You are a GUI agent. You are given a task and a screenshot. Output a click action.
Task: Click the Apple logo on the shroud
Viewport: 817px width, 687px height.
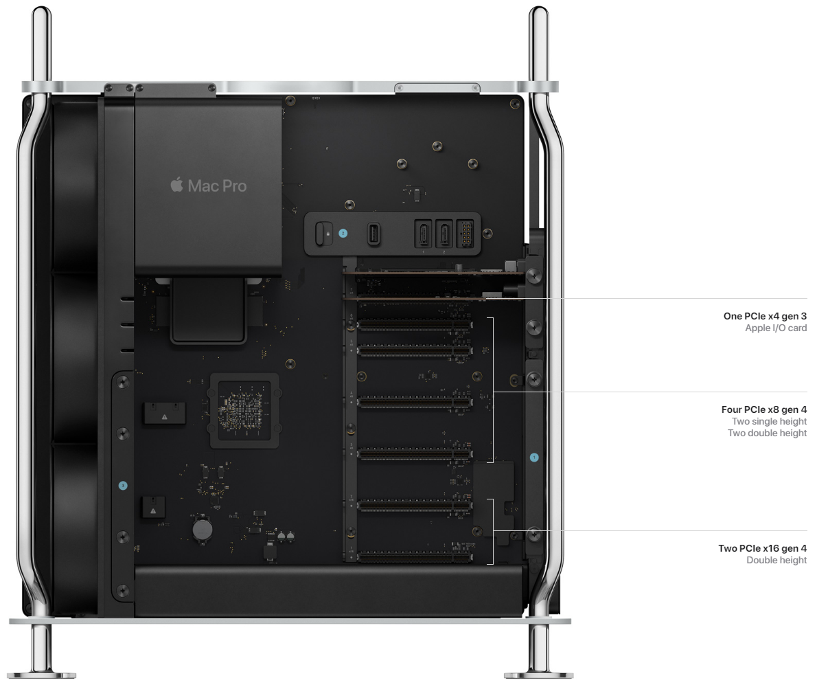point(176,185)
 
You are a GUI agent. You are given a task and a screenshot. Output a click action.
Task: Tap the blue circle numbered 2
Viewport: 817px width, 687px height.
point(343,233)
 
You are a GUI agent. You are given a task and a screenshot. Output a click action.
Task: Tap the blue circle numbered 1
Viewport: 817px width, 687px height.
point(534,457)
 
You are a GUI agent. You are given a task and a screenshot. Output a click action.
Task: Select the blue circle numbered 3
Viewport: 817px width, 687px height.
point(123,485)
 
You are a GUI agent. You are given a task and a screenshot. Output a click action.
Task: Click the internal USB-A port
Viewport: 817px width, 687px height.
point(373,234)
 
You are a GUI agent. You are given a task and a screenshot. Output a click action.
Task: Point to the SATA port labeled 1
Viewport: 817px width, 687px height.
point(422,234)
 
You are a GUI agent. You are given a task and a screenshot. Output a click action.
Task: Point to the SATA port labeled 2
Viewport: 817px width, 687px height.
point(444,234)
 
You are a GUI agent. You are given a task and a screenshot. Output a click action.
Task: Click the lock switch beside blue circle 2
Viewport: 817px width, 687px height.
point(324,234)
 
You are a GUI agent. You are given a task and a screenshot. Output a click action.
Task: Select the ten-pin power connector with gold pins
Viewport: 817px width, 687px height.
point(465,234)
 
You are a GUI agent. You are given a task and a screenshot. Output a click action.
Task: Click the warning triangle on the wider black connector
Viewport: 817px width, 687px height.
point(165,417)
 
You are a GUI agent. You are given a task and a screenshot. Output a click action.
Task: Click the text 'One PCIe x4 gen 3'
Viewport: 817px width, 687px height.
point(765,316)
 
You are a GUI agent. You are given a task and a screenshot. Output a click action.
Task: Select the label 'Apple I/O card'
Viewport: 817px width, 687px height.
point(776,328)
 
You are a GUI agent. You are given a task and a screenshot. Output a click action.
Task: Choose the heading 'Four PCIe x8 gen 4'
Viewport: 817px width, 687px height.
point(764,409)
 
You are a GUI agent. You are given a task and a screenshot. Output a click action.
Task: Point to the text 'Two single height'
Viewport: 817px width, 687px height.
point(769,421)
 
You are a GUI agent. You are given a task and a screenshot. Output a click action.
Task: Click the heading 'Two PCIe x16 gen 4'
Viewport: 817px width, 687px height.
point(762,548)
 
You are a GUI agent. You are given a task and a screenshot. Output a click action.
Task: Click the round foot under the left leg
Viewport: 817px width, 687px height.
point(42,675)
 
